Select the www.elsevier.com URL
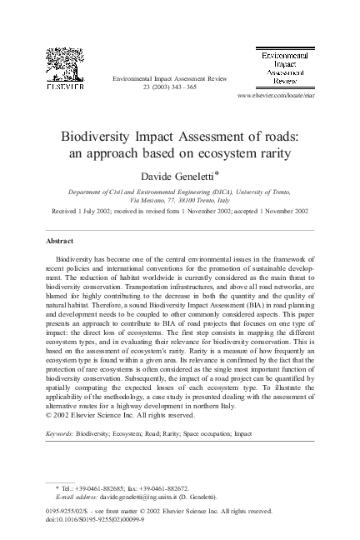tap(273, 97)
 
